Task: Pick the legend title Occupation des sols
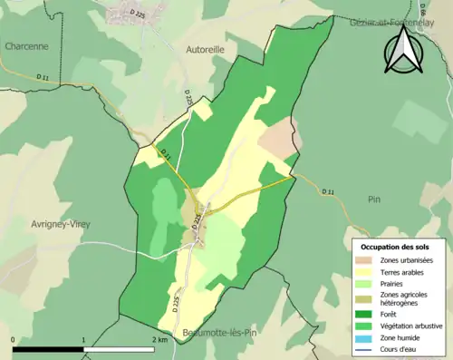pyautogui.click(x=397, y=247)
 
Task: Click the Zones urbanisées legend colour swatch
pyautogui.click(x=366, y=260)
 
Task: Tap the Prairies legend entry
pyautogui.click(x=394, y=283)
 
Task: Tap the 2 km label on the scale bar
pyautogui.click(x=159, y=340)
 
